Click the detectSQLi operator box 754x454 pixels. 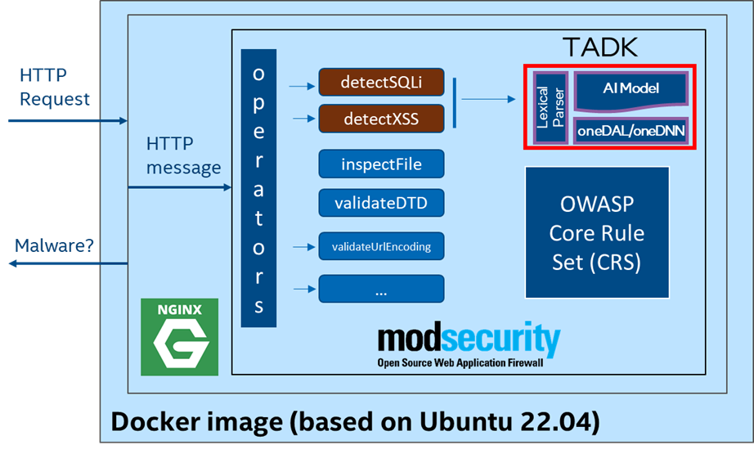381,83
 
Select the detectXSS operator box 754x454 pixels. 381,119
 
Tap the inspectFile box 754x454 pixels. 381,164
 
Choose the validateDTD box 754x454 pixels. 381,201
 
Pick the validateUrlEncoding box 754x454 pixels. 381,245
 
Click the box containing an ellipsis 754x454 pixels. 381,290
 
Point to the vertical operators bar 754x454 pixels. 259,189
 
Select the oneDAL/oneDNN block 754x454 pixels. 631,130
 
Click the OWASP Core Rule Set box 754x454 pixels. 596,232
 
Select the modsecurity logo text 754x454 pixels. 469,339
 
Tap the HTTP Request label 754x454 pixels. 55,88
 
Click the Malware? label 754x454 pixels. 55,245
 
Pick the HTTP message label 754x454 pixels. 183,155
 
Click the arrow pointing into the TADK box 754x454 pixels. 489,99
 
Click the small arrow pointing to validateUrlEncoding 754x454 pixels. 301,245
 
